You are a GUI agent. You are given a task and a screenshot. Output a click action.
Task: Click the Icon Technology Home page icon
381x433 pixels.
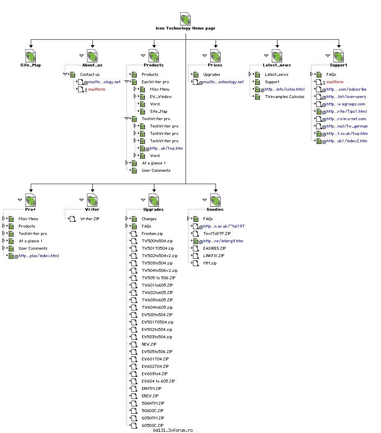pos(185,19)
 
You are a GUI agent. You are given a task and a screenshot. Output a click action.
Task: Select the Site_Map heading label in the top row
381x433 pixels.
pos(30,65)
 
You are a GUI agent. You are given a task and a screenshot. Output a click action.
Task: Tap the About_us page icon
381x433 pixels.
pos(92,56)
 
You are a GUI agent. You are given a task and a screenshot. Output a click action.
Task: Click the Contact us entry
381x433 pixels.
pos(90,75)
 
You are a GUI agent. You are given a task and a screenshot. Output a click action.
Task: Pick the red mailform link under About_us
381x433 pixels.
pos(97,89)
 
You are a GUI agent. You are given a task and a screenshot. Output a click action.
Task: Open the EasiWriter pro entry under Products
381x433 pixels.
pos(155,82)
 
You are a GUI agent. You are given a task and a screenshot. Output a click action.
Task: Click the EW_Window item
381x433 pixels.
pos(161,97)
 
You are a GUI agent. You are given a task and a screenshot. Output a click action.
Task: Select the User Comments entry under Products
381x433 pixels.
pos(156,171)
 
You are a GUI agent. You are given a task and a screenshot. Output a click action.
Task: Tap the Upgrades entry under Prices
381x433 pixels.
pos(211,75)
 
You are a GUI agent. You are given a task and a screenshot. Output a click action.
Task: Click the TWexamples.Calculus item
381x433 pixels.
pos(285,97)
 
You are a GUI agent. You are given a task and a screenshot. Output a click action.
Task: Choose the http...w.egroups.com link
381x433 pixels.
pos(346,104)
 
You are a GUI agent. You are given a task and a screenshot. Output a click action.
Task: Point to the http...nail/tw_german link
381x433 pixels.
pos(347,126)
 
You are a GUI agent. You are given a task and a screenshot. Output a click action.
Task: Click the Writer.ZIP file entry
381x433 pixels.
pos(90,219)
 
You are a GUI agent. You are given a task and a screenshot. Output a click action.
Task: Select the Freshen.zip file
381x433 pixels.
pos(152,234)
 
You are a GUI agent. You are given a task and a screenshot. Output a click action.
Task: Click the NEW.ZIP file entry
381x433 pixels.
pos(149,344)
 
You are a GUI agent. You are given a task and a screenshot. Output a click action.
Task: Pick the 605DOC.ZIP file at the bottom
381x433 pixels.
pos(153,426)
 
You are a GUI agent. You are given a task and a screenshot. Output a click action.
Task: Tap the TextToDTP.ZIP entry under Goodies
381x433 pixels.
pos(217,234)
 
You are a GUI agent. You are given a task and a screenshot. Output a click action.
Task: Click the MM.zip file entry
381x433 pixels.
pos(210,263)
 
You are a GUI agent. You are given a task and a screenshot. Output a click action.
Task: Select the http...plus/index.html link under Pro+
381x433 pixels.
pos(39,256)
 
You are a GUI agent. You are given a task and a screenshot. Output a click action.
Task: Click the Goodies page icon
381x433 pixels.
pos(216,200)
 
